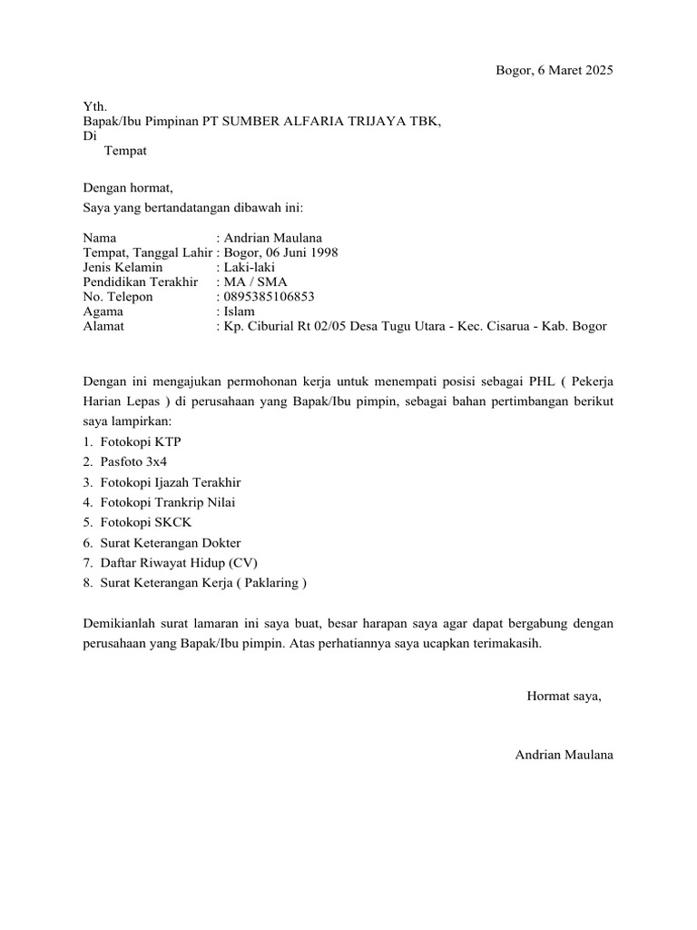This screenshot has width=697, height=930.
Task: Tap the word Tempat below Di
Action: point(125,151)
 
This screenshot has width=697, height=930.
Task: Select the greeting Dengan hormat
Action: point(127,188)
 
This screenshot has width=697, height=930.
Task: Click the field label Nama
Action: point(100,238)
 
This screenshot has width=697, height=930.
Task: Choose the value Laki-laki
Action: point(250,267)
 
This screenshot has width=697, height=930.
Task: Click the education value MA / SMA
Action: point(256,282)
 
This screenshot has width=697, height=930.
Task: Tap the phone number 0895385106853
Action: point(270,296)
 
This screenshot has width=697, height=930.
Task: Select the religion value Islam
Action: point(240,311)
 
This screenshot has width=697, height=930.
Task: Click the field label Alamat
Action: point(103,325)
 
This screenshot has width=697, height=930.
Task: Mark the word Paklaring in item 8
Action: point(269,582)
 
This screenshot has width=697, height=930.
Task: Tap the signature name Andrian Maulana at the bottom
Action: point(564,755)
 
